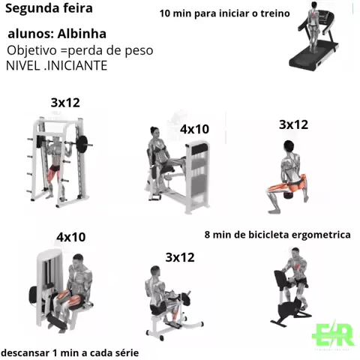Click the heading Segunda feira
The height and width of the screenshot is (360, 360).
click(x=49, y=9)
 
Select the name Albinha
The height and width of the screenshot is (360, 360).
click(x=82, y=34)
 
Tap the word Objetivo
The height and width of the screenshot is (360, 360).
click(x=32, y=51)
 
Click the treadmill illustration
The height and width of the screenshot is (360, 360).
click(x=315, y=37)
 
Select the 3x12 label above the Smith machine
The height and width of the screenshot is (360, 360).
click(x=65, y=103)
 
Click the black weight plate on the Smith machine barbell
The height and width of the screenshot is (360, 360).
click(x=82, y=144)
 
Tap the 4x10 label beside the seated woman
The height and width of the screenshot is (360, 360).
click(x=194, y=129)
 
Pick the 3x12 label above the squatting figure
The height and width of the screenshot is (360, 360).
click(x=293, y=124)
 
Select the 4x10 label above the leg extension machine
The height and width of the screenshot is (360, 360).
click(x=71, y=237)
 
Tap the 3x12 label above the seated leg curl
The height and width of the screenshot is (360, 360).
click(x=180, y=257)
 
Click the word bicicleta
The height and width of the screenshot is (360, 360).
click(x=268, y=235)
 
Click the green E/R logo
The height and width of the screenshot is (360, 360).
click(x=333, y=334)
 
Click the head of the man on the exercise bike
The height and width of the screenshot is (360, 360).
click(x=295, y=253)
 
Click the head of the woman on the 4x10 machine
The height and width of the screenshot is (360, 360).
click(x=155, y=132)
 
